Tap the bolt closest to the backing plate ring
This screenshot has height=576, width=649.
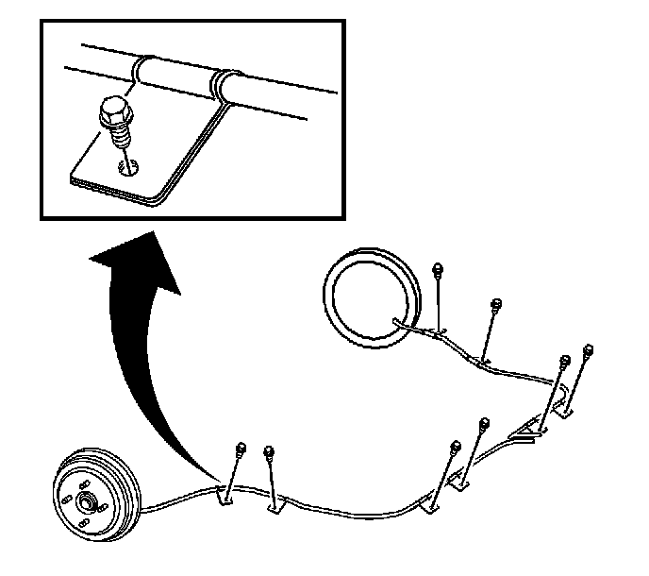click(438, 271)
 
